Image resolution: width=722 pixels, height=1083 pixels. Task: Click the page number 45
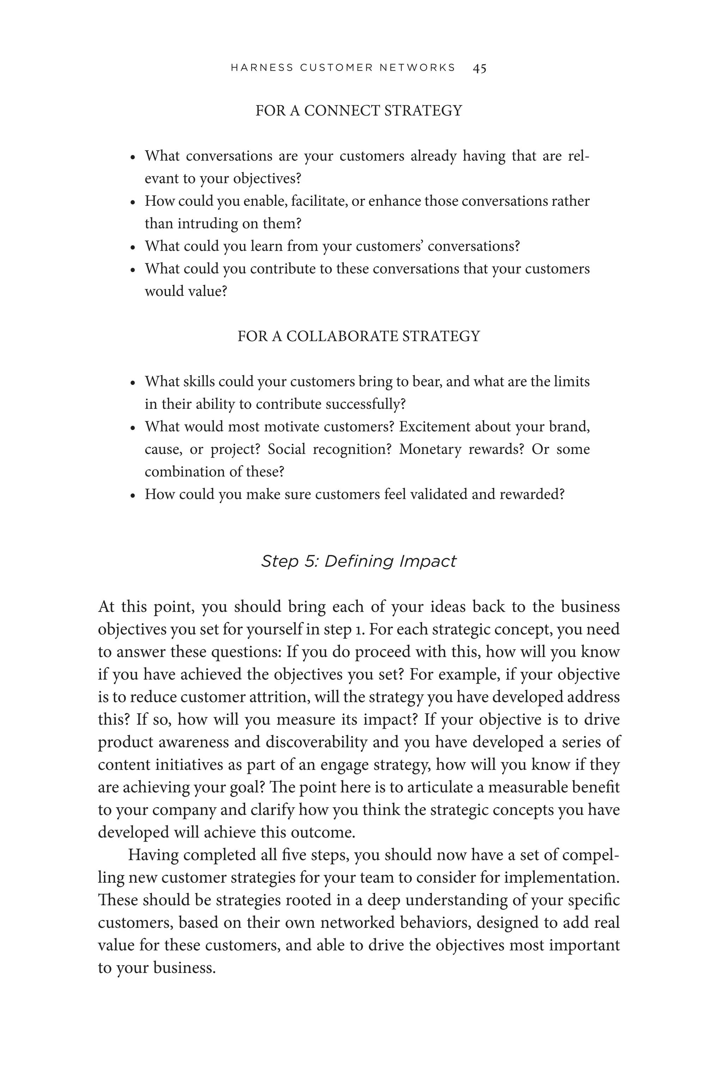[x=479, y=68]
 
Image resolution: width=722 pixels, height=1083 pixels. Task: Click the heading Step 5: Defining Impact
[x=358, y=561]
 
